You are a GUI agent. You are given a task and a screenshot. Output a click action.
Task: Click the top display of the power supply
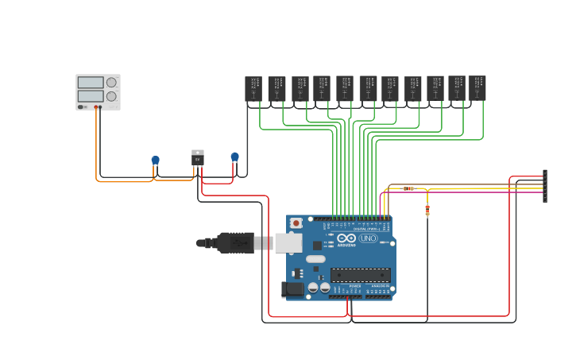(91, 82)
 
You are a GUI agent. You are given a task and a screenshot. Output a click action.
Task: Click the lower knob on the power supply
(111, 96)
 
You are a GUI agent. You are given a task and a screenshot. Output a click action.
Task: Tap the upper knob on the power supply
(111, 82)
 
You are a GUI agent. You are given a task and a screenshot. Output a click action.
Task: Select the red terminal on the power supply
(96, 106)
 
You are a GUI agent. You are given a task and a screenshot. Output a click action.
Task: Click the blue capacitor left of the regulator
(156, 160)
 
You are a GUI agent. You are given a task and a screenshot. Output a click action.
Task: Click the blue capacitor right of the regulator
(234, 157)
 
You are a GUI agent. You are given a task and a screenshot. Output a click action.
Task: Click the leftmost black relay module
(253, 88)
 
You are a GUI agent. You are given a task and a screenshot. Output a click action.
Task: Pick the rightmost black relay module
(477, 87)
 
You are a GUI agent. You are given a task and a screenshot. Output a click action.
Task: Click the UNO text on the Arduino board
(368, 238)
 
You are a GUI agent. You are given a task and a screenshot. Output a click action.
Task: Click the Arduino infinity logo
(346, 238)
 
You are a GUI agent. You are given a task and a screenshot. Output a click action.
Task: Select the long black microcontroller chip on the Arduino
(360, 275)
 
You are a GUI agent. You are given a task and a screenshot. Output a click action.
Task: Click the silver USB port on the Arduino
(288, 242)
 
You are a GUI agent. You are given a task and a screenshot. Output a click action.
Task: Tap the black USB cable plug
(235, 242)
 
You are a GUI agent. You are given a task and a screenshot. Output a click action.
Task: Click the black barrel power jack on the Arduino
(292, 289)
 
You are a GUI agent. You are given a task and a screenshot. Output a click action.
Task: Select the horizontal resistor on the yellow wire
(408, 188)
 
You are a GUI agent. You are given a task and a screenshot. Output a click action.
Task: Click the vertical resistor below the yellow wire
(427, 210)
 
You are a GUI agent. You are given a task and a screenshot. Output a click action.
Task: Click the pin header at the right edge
(545, 186)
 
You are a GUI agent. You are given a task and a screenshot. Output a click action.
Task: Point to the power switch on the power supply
(82, 106)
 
